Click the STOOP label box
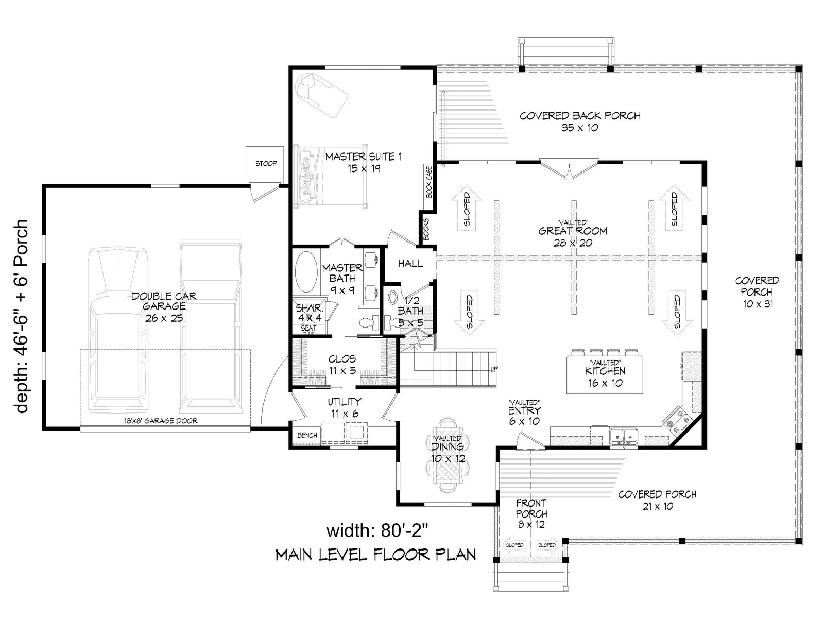[266, 164]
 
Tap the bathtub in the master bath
[306, 272]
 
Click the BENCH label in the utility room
[307, 435]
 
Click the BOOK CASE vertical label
[428, 182]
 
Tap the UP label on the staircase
[493, 369]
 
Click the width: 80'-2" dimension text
[377, 529]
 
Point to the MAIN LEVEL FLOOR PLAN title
[375, 555]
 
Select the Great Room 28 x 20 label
[573, 236]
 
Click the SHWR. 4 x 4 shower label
[308, 313]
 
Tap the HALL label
[410, 264]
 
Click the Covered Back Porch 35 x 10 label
[579, 122]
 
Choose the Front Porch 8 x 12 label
[531, 513]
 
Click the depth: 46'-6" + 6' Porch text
[22, 316]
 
